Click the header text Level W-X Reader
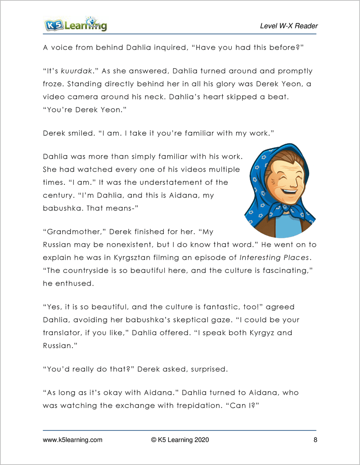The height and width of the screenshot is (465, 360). coord(288,26)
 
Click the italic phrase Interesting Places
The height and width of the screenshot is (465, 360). coord(274,258)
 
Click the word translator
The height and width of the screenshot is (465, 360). coord(63,333)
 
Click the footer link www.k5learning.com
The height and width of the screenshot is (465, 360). coord(72,440)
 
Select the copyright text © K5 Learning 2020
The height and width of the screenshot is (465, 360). coord(180,440)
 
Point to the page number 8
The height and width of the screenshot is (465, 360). coord(315,440)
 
